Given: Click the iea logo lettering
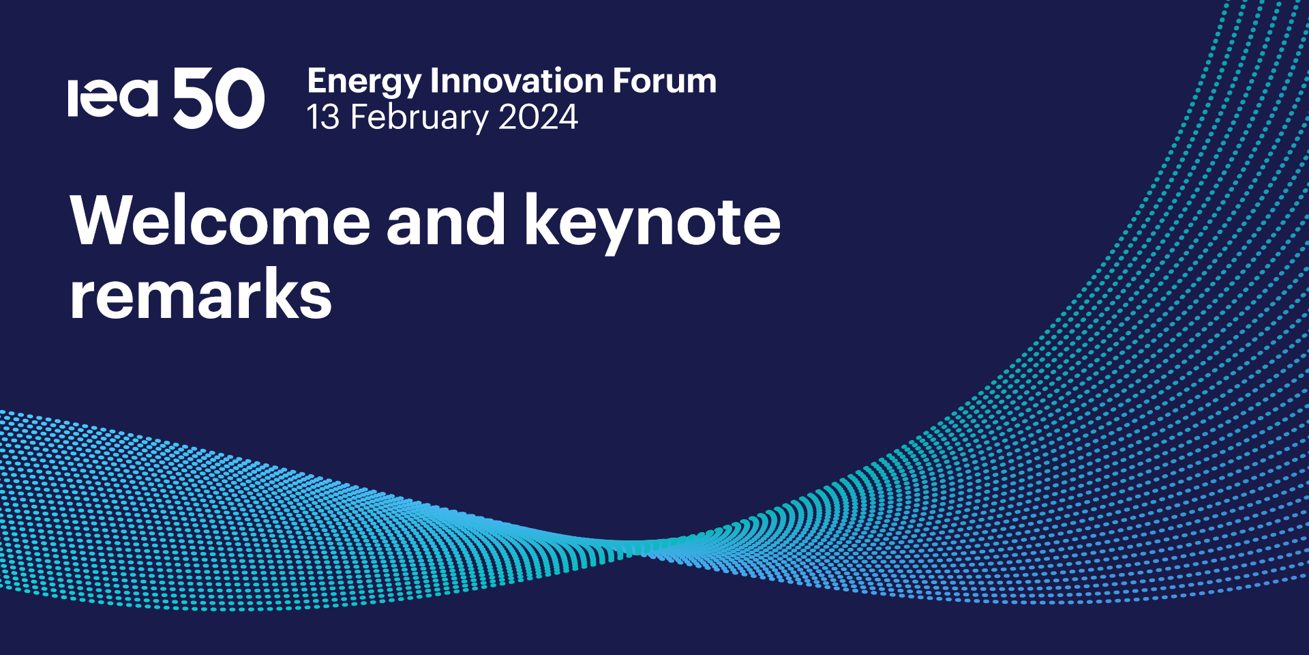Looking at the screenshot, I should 112,98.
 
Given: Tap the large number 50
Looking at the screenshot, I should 218,98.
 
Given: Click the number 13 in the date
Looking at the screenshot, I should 322,117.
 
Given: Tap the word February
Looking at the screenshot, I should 419,118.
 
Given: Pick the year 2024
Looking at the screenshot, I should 538,117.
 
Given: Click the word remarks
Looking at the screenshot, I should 200,295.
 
